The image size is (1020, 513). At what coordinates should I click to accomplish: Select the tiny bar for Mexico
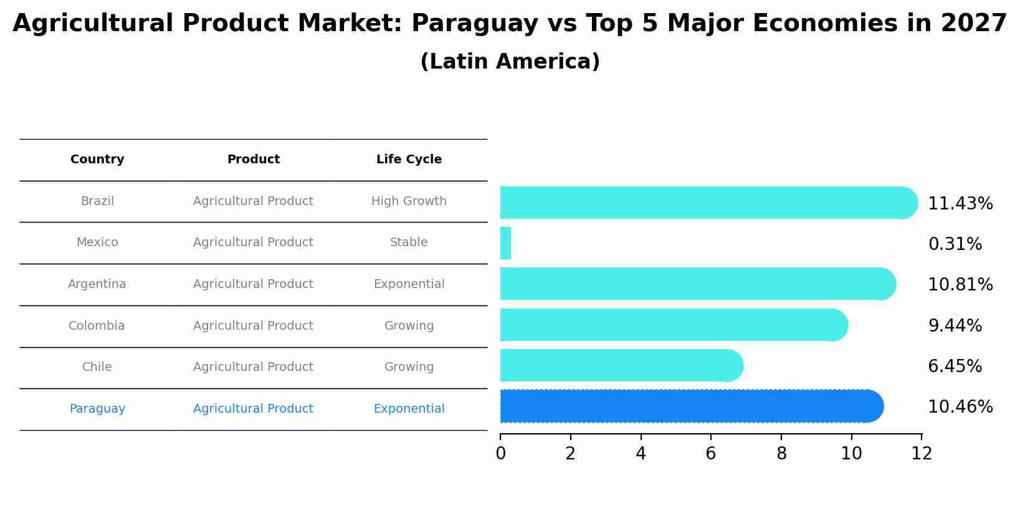click(505, 243)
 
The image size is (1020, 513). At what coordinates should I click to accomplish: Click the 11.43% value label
click(960, 204)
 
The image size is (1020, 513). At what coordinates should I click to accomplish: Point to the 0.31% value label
click(955, 244)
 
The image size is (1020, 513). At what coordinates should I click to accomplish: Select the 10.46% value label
click(960, 407)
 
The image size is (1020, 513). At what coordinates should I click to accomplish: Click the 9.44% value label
click(955, 326)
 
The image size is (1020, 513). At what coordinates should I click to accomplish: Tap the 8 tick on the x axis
click(781, 454)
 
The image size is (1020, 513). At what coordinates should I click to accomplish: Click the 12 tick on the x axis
click(922, 454)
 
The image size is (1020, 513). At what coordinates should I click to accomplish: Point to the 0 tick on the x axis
click(500, 454)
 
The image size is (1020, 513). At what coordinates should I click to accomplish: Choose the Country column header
click(97, 160)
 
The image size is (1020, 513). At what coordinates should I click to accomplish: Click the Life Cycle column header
click(409, 160)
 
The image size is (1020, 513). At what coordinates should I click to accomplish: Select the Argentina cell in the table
click(97, 284)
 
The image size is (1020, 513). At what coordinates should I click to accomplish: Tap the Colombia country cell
click(97, 326)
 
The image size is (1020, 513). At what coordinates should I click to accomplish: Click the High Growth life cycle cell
click(409, 201)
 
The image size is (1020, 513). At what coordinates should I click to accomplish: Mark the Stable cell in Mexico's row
click(409, 242)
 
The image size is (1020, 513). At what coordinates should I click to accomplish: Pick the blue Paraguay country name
click(97, 409)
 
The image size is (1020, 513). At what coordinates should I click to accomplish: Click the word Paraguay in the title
click(475, 24)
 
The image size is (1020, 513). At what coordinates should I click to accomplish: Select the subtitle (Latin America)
click(510, 62)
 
